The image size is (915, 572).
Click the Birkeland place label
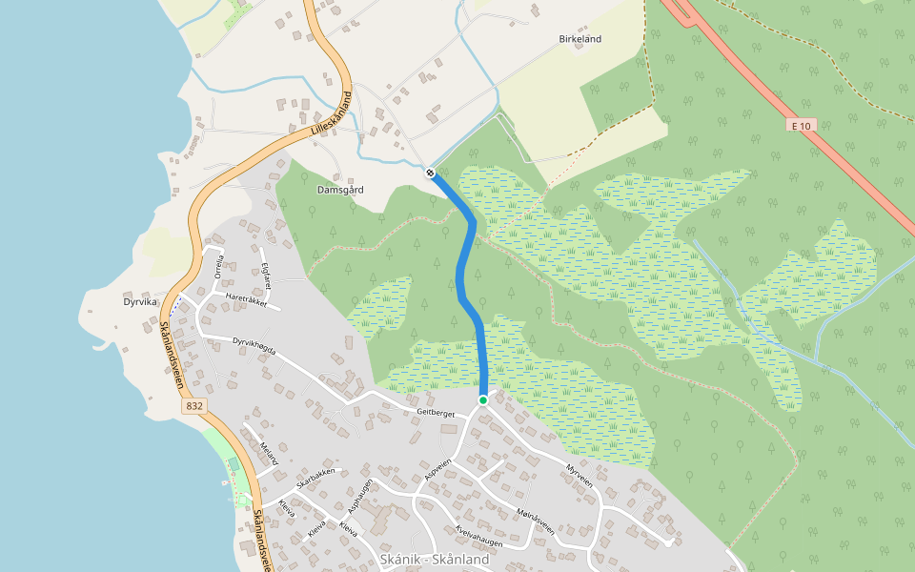click(x=579, y=39)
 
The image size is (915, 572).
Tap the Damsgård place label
click(x=340, y=190)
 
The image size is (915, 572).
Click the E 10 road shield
click(x=801, y=125)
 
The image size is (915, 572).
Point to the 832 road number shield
click(x=193, y=406)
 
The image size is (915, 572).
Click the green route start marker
click(x=483, y=400)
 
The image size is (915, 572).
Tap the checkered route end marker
click(x=431, y=173)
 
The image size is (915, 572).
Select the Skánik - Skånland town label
click(x=434, y=560)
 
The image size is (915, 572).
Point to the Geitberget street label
click(x=437, y=412)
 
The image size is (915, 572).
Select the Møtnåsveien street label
click(x=534, y=520)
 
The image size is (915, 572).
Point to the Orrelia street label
click(x=219, y=265)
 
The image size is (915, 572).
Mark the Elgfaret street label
click(x=267, y=275)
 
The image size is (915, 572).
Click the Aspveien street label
click(x=437, y=472)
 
